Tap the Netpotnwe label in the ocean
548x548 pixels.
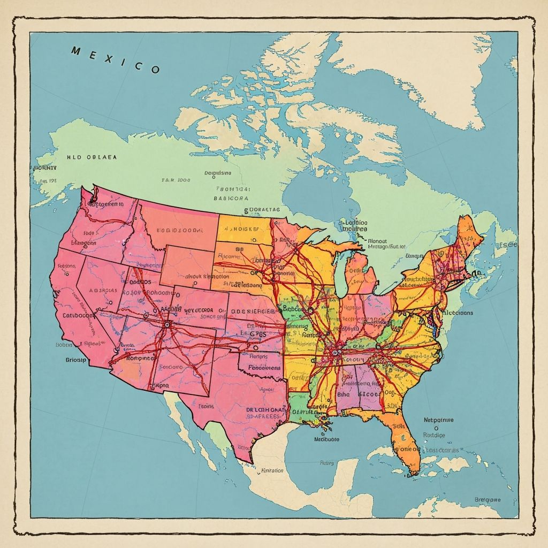click(438, 420)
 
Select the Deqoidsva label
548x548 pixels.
click(218, 173)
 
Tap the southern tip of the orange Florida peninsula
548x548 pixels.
click(412, 473)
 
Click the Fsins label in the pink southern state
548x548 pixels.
click(206, 406)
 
